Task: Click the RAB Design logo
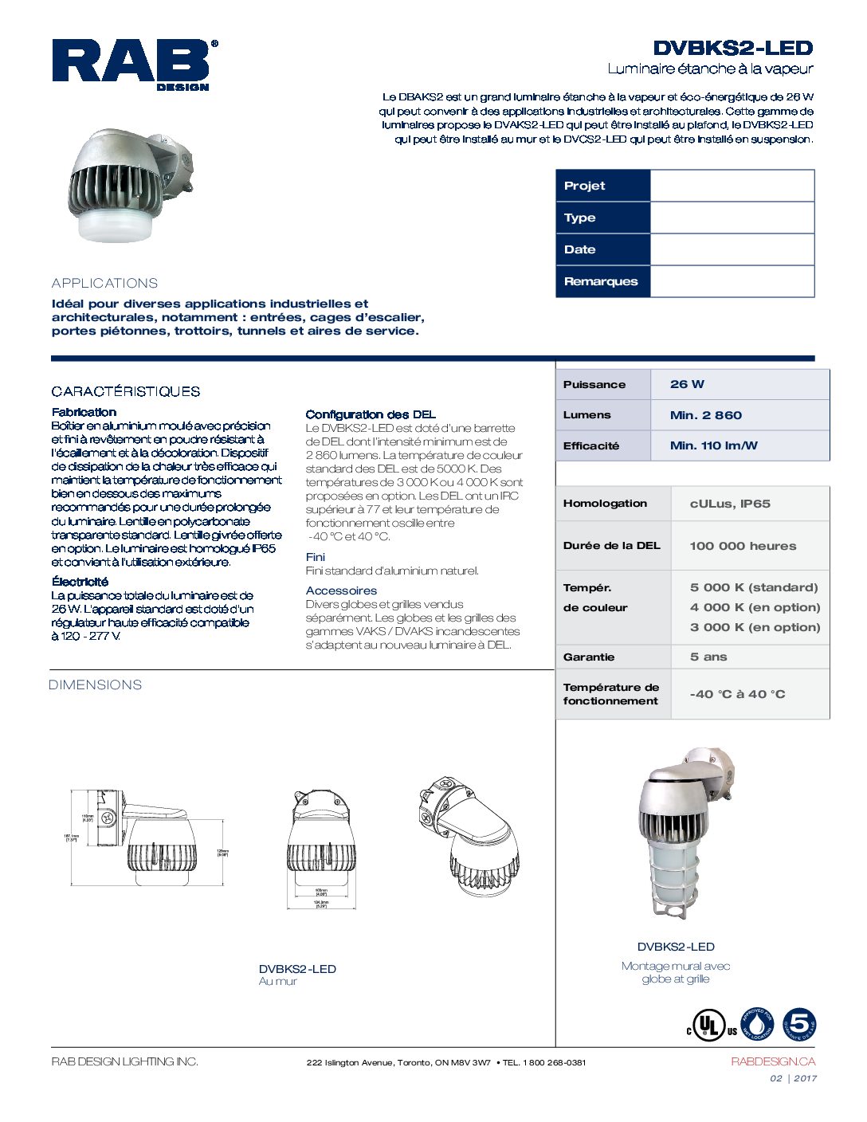coord(135,64)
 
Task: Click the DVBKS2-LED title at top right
coord(732,48)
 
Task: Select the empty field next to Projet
coord(732,186)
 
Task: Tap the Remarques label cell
coord(602,281)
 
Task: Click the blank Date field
coord(732,249)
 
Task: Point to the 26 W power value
coord(687,384)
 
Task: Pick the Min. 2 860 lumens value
coord(705,415)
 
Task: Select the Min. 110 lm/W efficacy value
coord(713,445)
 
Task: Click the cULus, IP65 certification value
coord(730,504)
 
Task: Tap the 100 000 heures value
coord(743,546)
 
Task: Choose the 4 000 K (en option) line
coord(755,607)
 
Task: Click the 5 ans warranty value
coord(708,657)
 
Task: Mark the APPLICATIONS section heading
coord(104,283)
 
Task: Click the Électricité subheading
coord(80,582)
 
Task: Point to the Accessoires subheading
coord(341,590)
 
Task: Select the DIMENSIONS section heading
coord(95,685)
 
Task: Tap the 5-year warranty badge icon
coord(799,1025)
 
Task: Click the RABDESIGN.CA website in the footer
coord(772,1061)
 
